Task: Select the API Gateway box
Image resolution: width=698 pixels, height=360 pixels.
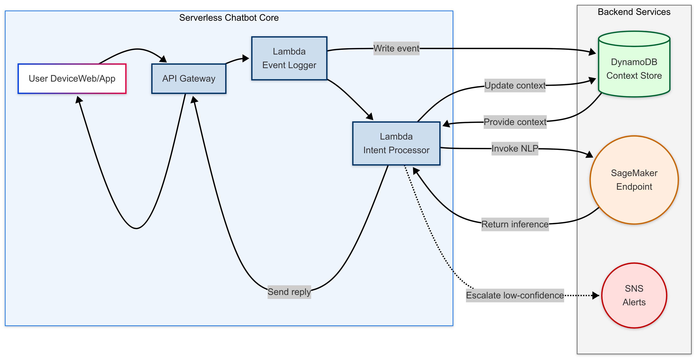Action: [x=189, y=79]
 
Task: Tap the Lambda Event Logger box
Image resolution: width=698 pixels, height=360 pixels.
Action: [x=289, y=58]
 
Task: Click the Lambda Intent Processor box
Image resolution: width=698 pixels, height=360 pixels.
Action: [x=396, y=143]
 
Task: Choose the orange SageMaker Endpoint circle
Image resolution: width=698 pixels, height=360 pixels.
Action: [x=634, y=180]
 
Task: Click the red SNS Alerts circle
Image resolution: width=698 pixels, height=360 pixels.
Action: [x=634, y=295]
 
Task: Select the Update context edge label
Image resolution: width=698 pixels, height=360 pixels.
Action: [x=515, y=86]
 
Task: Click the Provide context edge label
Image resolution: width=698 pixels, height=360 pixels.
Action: [x=515, y=122]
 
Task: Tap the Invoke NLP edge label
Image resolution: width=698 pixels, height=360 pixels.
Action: [x=515, y=148]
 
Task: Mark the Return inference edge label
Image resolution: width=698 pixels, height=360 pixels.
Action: [x=515, y=224]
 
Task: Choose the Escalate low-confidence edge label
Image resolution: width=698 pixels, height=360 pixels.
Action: [x=515, y=295]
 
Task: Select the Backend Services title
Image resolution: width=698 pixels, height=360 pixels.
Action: [x=634, y=12]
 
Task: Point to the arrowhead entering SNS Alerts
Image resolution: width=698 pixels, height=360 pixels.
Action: [x=596, y=295]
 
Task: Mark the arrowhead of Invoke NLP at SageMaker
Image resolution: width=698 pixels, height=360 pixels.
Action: [x=590, y=155]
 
